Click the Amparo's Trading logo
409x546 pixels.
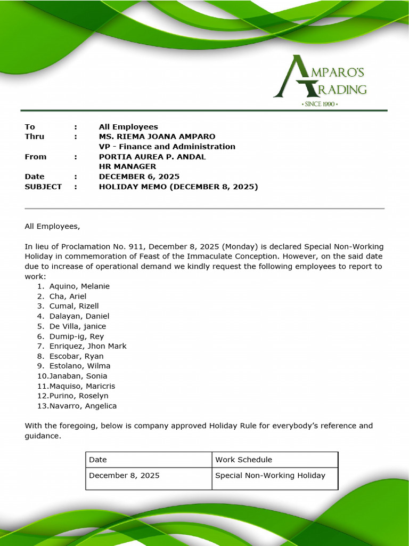pos(321,77)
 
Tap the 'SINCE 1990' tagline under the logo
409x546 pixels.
pos(320,104)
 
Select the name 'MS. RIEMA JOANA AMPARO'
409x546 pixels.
pos(157,136)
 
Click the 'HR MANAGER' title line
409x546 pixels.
pos(127,166)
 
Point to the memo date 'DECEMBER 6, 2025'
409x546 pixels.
pos(139,176)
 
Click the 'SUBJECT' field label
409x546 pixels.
pos(43,187)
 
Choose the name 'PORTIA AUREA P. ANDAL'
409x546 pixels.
pos(152,157)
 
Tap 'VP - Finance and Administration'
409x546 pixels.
pos(167,147)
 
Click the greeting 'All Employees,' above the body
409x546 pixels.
pos(52,226)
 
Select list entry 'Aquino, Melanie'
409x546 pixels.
pos(79,286)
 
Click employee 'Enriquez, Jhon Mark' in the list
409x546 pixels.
pos(88,346)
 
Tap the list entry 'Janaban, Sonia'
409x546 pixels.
pos(78,376)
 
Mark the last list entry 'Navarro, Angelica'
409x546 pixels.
pos(83,406)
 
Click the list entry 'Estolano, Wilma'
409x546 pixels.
pos(80,366)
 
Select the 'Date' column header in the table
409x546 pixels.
pos(98,460)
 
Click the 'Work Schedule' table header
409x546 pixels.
pos(243,460)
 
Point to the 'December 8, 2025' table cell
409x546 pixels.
pos(124,475)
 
